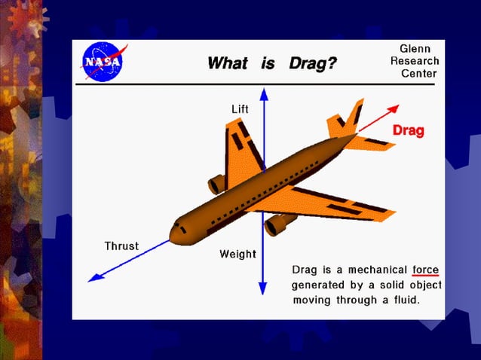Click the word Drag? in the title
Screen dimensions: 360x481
312,63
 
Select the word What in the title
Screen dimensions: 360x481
227,63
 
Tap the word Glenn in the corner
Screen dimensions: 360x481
415,49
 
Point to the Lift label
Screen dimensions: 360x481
240,109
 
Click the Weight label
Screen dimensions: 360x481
237,254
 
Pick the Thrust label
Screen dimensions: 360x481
121,246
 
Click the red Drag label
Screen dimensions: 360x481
408,131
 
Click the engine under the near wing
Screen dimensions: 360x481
279,223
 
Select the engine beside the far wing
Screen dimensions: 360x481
218,184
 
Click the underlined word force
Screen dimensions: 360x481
425,270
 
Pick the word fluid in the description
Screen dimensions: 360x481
403,300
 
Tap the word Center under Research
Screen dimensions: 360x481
418,74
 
